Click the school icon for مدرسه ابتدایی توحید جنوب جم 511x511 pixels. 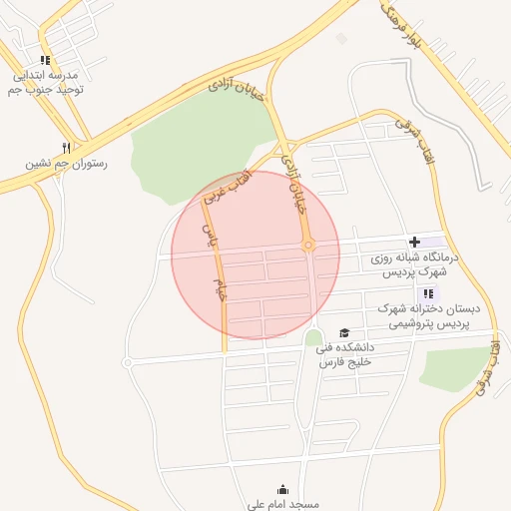(x=44, y=59)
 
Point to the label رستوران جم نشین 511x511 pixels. (x=66, y=163)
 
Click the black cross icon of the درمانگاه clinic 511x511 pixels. (x=414, y=243)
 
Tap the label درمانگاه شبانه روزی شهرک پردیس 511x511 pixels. (x=410, y=264)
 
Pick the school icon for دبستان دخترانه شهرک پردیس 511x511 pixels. (x=428, y=292)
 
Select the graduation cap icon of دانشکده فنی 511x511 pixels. (x=344, y=333)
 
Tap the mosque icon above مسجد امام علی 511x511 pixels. (x=283, y=489)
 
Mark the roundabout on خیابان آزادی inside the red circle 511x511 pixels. (x=308, y=245)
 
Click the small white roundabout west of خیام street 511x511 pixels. (x=128, y=363)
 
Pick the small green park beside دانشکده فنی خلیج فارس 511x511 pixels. (x=314, y=338)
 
